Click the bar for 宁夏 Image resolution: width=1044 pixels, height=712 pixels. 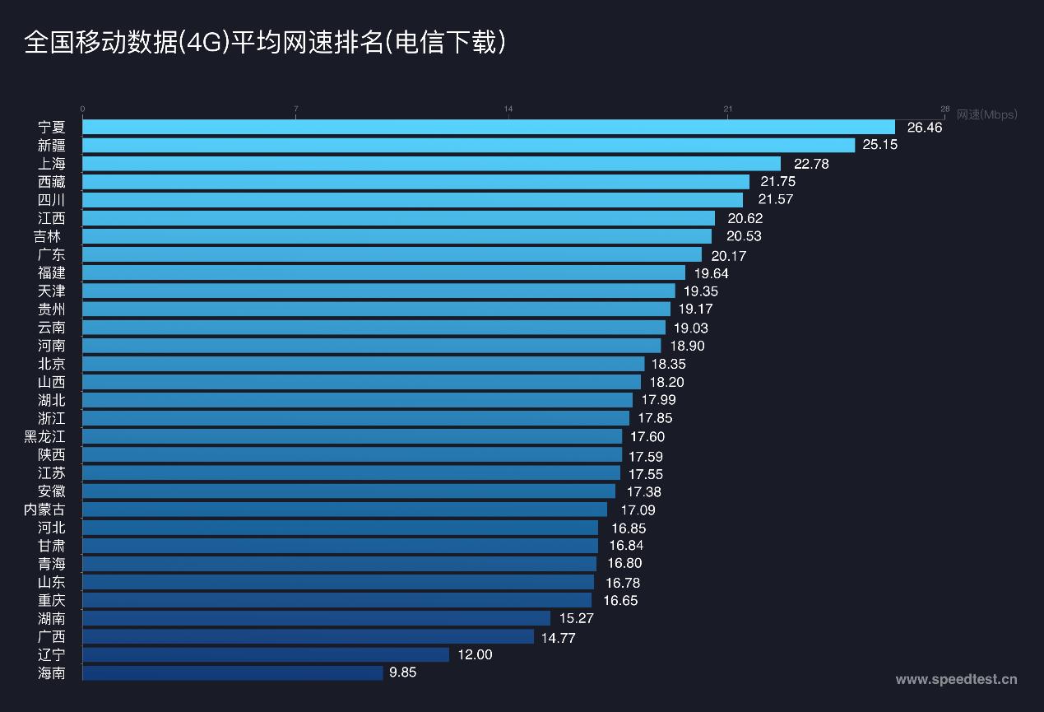489,127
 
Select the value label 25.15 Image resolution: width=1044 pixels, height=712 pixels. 879,145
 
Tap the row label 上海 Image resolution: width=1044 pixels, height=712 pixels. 51,163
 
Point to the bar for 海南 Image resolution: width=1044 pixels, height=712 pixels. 233,672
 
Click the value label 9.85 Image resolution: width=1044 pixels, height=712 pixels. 403,672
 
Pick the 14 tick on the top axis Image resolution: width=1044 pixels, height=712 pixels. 508,109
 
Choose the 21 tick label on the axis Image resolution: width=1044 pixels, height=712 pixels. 727,109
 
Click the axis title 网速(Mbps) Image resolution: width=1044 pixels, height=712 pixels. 986,114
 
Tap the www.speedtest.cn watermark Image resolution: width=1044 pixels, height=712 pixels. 956,679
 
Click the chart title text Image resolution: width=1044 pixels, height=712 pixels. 265,43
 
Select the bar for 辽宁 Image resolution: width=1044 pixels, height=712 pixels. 266,654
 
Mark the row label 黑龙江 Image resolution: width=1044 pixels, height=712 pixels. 44,436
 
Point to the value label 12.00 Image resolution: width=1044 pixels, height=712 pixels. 475,654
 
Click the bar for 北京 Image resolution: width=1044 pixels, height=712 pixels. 364,363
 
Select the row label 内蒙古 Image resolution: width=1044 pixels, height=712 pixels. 44,510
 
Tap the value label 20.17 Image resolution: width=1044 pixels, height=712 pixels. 728,255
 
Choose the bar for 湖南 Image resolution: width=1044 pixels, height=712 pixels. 317,618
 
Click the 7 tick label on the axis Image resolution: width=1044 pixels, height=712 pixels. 295,109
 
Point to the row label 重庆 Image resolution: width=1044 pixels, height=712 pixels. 51,600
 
